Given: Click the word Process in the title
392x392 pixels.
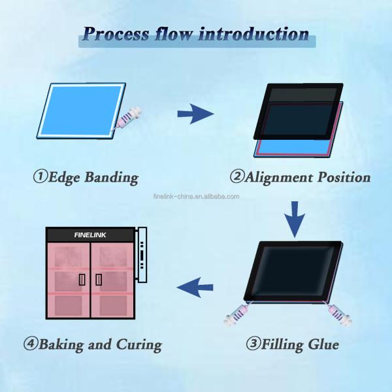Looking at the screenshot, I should click(x=116, y=34).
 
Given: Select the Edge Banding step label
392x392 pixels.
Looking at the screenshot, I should click(x=86, y=177).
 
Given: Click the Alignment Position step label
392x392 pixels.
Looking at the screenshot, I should click(x=300, y=177).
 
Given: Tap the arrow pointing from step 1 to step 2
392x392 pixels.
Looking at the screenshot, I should click(x=195, y=115).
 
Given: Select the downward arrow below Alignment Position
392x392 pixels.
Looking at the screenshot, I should click(x=296, y=219).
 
